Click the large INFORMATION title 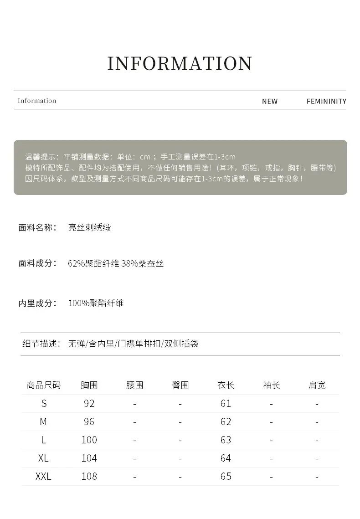point(180,64)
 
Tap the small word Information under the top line point(37,101)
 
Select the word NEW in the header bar point(270,101)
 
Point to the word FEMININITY point(326,101)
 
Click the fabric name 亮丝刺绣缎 point(90,227)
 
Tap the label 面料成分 point(37,263)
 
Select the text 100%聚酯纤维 point(96,303)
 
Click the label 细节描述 point(41,344)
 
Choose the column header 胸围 point(89,385)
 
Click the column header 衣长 point(226,385)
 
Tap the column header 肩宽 point(317,385)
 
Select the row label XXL point(44,476)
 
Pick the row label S point(44,403)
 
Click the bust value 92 point(89,403)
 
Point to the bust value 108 point(89,476)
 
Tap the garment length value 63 point(226,440)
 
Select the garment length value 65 point(226,476)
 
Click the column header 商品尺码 point(44,385)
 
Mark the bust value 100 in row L point(89,440)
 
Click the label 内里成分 point(37,303)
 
